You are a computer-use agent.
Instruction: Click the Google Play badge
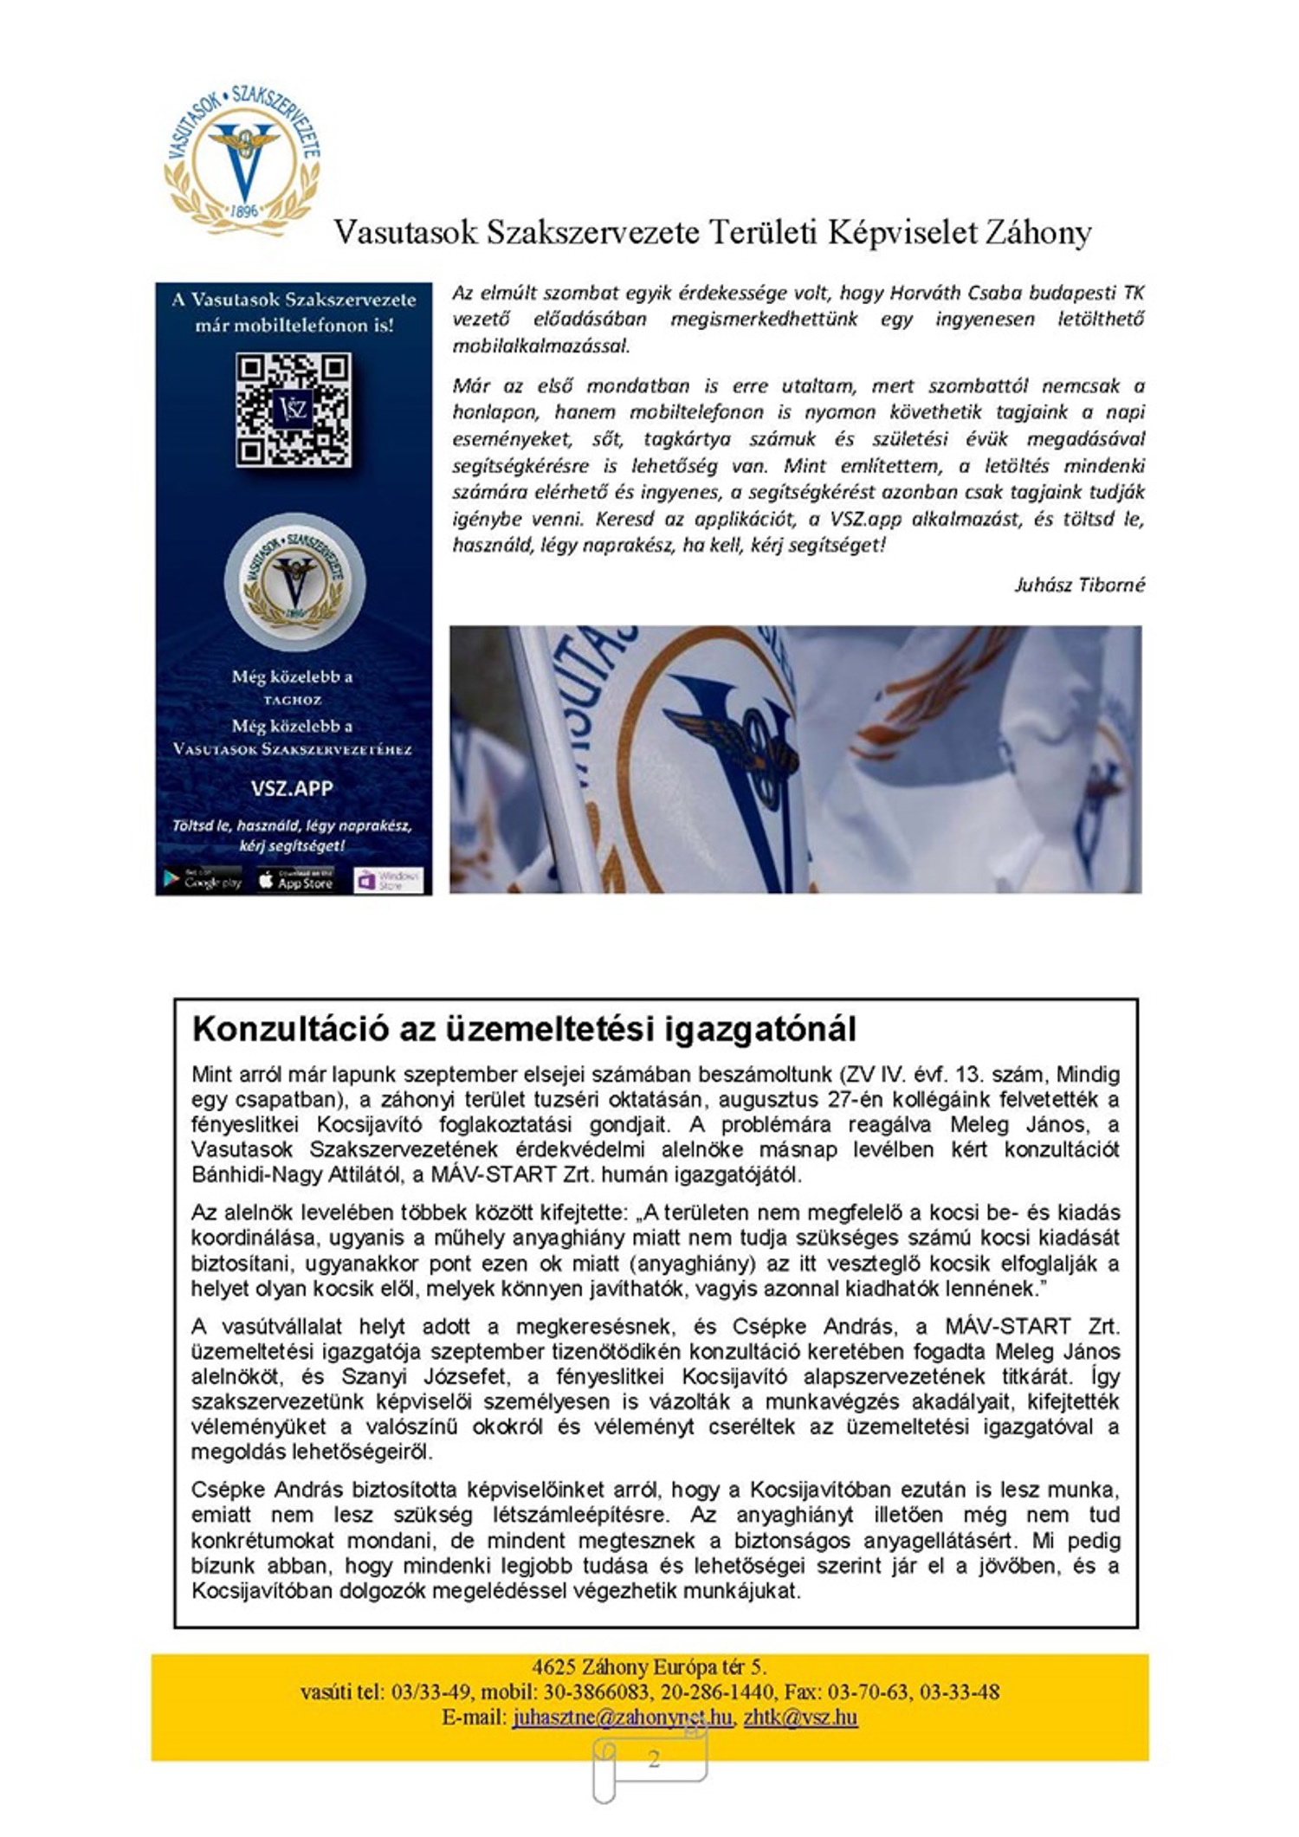pos(203,881)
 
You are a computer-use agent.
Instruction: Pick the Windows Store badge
pos(389,880)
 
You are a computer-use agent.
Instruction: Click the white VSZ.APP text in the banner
pos(292,788)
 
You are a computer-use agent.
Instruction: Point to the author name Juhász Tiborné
pos(1079,585)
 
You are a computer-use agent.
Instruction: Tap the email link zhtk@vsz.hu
pos(800,1717)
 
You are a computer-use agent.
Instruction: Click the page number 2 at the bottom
pos(654,1758)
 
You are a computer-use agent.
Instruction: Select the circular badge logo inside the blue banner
pos(294,582)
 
